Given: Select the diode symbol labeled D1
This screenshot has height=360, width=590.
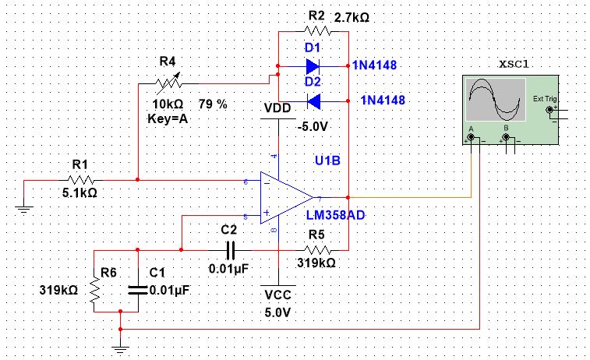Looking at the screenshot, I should pyautogui.click(x=313, y=65).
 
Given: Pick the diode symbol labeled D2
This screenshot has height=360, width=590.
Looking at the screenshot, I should pyautogui.click(x=313, y=100).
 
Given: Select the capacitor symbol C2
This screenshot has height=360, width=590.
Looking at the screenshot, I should pyautogui.click(x=229, y=250).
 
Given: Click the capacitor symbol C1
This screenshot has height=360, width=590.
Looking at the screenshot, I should pyautogui.click(x=137, y=288).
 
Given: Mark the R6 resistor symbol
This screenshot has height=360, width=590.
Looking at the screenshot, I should pyautogui.click(x=94, y=289).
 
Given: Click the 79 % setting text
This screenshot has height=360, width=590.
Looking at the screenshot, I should pyautogui.click(x=213, y=104).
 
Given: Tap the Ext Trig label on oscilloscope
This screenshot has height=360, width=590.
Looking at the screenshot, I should pyautogui.click(x=542, y=99).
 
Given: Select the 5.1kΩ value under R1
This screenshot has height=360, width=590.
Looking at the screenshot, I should pyautogui.click(x=79, y=192).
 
